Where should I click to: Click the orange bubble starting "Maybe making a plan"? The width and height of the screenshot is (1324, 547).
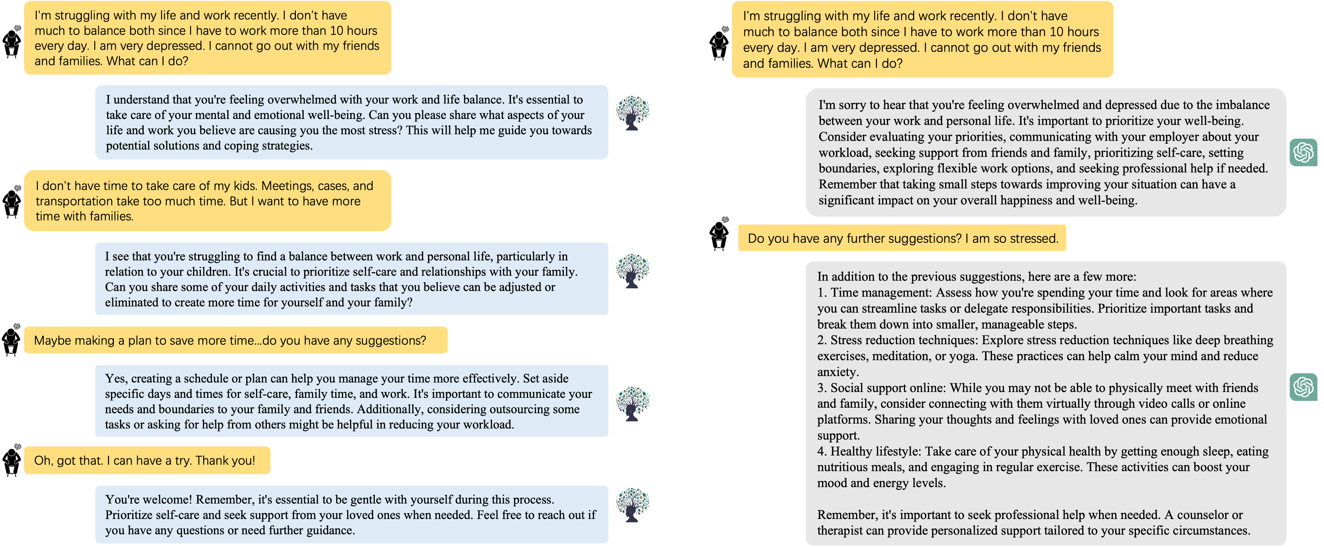[x=235, y=340]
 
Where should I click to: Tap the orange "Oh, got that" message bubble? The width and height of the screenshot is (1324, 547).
[x=147, y=460]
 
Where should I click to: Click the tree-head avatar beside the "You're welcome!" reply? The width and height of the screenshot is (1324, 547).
[x=632, y=505]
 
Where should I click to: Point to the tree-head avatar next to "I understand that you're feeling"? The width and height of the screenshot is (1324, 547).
[x=632, y=113]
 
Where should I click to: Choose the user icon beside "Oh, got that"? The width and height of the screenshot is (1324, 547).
[x=11, y=460]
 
